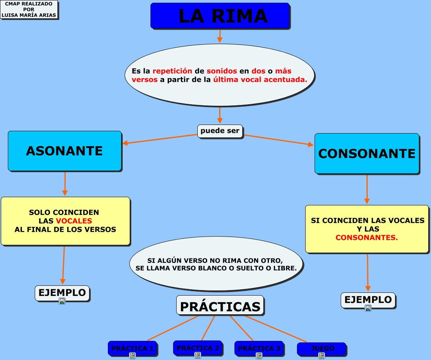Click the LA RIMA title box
220,16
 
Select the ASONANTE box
64,151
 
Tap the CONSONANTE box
367,153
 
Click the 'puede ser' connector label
220,131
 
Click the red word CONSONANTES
367,237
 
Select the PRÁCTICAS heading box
220,306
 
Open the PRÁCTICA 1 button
132,348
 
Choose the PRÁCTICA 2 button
197,348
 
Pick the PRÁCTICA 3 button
259,348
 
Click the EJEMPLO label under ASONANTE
62,292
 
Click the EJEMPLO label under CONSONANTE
368,300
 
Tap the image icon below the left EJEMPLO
62,301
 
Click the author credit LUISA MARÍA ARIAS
29,15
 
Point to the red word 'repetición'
172,71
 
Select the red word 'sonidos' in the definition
222,71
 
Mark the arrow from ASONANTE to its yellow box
65,183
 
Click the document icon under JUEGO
321,355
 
